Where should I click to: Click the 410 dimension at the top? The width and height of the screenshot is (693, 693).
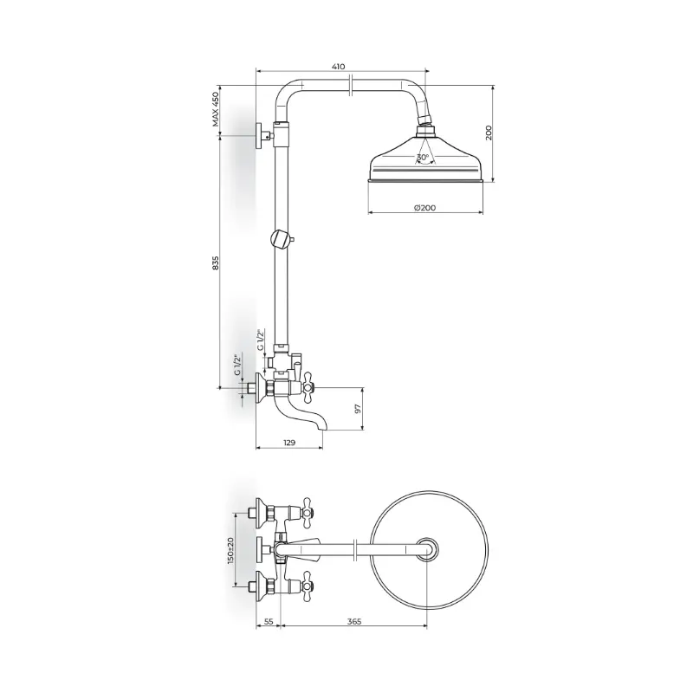tap(338, 67)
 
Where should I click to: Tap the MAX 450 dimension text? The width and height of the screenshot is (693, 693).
tap(215, 109)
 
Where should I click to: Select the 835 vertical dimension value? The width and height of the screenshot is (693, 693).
tap(215, 262)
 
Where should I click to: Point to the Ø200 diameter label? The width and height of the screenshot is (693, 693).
tap(424, 207)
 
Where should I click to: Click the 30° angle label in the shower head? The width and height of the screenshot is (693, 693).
tap(423, 157)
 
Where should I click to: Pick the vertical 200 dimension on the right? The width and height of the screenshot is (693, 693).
tap(489, 133)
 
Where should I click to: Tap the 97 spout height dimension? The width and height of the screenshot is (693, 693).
tap(358, 408)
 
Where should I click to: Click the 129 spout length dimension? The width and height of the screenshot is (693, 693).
tap(289, 443)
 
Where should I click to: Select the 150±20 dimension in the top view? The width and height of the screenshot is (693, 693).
tap(230, 550)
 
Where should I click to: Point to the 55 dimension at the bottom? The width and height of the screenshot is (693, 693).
tap(269, 621)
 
